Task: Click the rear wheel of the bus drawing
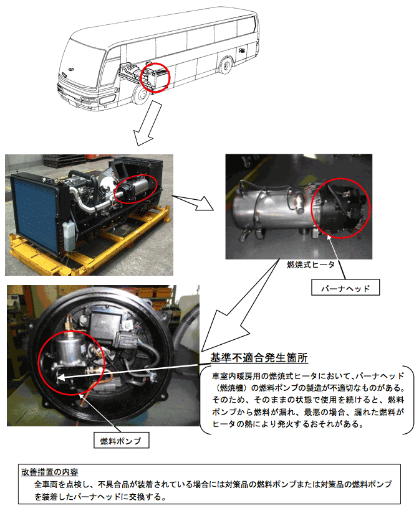click(226, 65)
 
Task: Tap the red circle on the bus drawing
click(155, 77)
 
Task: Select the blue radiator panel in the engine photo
click(34, 209)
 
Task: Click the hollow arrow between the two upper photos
click(193, 202)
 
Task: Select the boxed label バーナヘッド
click(345, 288)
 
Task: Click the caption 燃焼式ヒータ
click(311, 265)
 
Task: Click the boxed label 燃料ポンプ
click(121, 440)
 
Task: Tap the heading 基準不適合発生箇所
click(259, 358)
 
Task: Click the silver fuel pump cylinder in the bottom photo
click(70, 350)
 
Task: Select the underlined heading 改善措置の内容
click(50, 472)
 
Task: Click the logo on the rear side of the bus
click(242, 51)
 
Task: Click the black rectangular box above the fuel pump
click(105, 326)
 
